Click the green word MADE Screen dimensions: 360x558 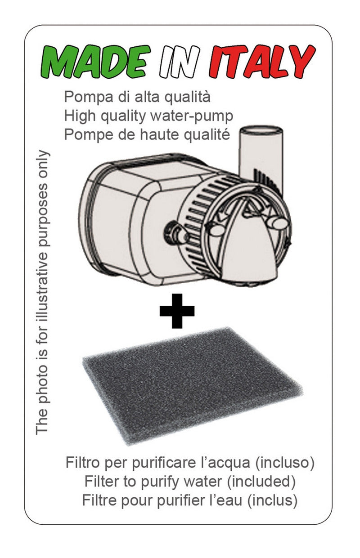95,62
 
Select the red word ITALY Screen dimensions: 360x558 262,62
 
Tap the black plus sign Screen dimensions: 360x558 177,311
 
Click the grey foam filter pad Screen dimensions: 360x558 193,386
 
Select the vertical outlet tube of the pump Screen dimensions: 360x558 261,160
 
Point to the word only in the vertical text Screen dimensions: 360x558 42,163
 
